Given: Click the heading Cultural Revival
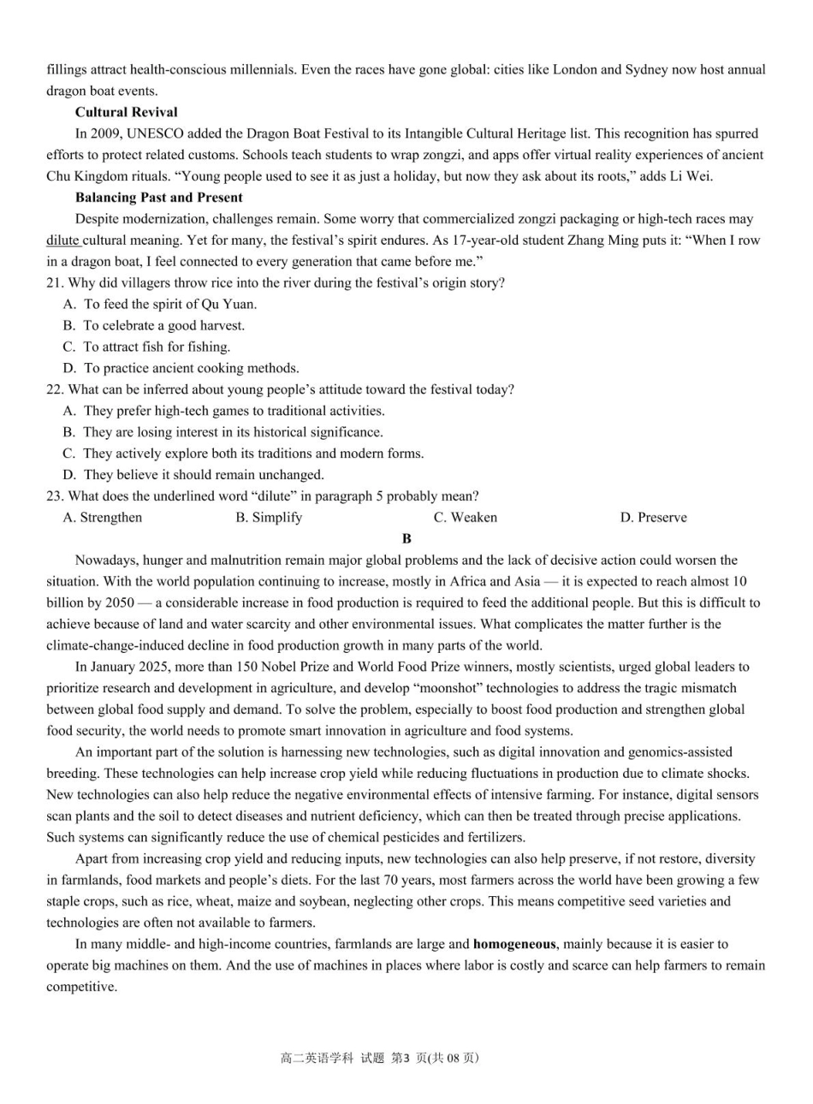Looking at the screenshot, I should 126,112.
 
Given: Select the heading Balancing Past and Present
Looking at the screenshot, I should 158,198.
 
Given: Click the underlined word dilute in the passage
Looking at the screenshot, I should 62,240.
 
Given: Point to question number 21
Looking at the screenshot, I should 55,283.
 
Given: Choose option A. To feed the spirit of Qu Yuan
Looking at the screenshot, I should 160,304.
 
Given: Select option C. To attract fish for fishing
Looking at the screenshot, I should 146,347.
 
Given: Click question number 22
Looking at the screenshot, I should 55,389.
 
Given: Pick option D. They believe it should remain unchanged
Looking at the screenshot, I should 193,475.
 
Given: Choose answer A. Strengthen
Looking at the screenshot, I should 103,518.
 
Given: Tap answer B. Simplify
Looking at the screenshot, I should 269,518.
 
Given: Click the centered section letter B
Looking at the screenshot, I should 406,539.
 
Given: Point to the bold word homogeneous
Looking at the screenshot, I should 513,945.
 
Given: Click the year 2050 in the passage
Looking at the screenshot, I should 118,603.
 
